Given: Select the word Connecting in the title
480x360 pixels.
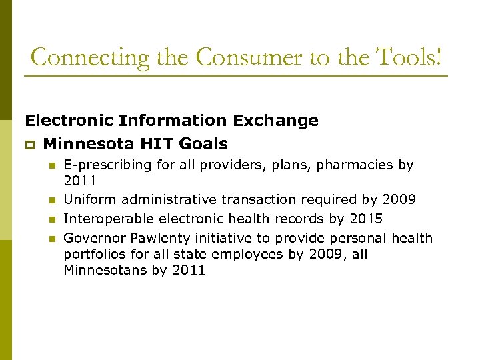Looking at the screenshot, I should [x=91, y=57].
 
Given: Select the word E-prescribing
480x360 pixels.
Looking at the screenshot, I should [x=107, y=165].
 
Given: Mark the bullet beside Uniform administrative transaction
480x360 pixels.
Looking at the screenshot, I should [x=50, y=200].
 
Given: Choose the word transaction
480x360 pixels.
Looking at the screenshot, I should [x=259, y=199].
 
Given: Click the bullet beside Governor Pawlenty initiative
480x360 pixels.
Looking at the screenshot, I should [x=50, y=239].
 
